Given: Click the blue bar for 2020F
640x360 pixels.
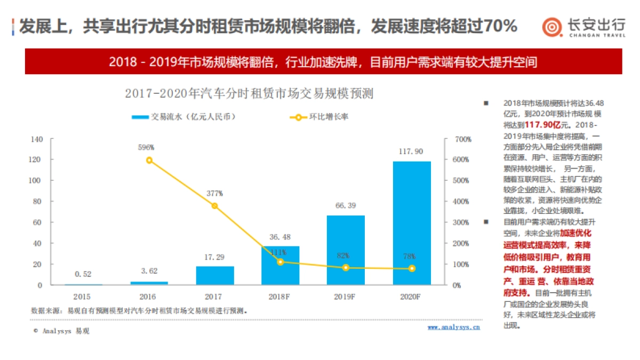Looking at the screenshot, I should pos(412,223).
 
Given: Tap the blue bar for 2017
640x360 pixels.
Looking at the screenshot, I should pos(215,275).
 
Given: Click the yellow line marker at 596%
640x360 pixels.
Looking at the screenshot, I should pos(149,160).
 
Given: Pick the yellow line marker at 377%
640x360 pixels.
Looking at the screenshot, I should pos(215,206).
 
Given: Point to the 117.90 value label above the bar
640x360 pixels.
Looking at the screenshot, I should pos(411,151).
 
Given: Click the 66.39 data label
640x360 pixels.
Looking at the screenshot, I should pos(346,205).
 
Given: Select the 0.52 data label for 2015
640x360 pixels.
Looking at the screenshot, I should pos(83,274).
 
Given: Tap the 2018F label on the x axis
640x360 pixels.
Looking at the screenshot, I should pos(281,296).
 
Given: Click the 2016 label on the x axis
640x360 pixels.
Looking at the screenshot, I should pos(149,296).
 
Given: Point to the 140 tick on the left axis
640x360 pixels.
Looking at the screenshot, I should pos(36,139).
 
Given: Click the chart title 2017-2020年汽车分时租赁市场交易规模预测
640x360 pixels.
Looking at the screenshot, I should pos(249,94).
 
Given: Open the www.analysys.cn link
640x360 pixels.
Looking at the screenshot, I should pos(453,327).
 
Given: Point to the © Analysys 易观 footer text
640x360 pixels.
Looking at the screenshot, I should pos(61,331).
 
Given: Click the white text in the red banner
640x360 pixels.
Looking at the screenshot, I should pos(323,61).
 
